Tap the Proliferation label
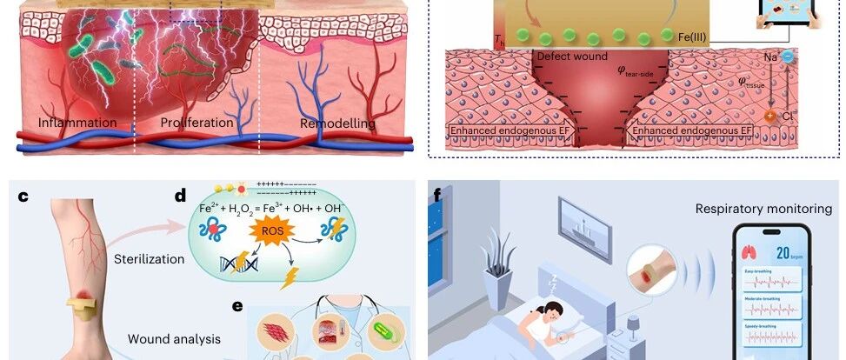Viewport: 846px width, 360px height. pyautogui.click(x=197, y=123)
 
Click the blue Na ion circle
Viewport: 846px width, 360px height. pyautogui.click(x=786, y=55)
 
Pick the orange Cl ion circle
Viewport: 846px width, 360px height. pyautogui.click(x=770, y=117)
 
